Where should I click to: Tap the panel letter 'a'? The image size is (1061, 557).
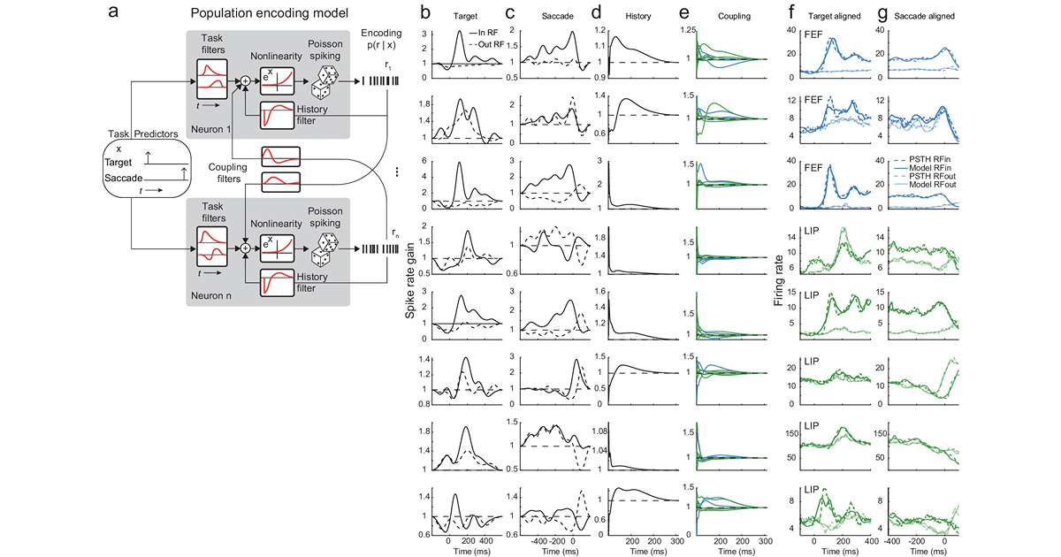[113, 12]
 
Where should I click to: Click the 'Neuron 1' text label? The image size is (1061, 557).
[205, 126]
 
